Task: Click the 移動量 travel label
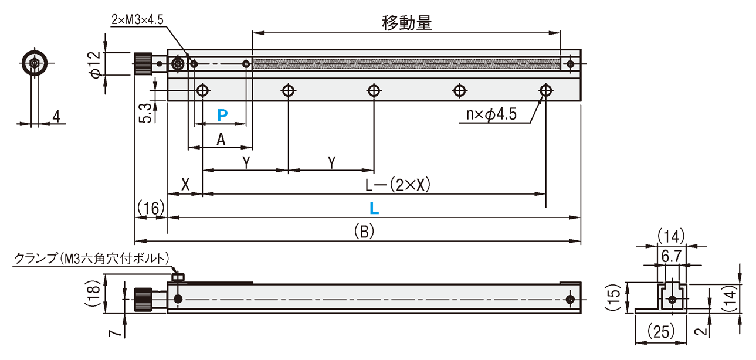pos(406,23)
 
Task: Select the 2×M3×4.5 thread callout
pos(137,20)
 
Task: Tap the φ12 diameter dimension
pos(96,64)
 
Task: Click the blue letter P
pos(222,116)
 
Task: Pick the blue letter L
pos(374,208)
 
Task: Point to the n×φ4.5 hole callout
pos(491,114)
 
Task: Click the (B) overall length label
pos(364,232)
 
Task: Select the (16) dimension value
pos(151,208)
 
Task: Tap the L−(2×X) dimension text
pos(398,185)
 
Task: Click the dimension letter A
pos(221,139)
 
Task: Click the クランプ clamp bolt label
pos(91,259)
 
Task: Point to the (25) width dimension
pos(660,331)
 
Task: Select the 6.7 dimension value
pos(672,256)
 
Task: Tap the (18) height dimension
pos(93,294)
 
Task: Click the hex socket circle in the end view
pos(34,63)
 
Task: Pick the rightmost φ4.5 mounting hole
pos(545,90)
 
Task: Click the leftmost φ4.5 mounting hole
pos(202,90)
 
